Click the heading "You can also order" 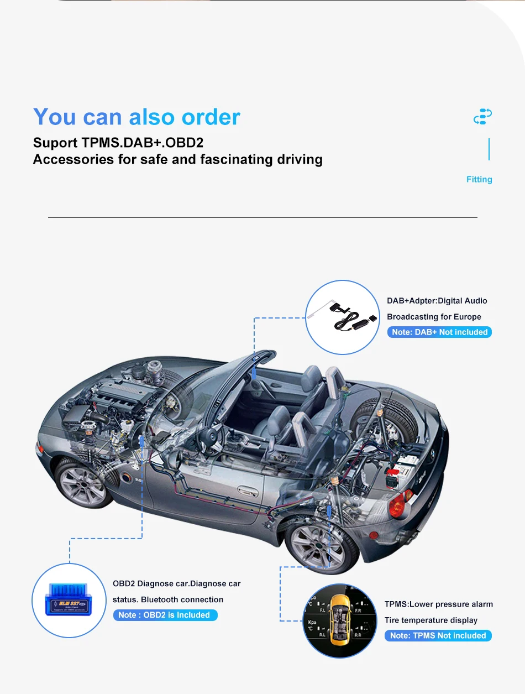136,117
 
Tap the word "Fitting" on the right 479,179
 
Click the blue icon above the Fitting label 482,117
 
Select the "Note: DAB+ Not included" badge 439,332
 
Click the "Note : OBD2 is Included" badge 165,615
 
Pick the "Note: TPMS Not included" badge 438,635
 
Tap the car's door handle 243,490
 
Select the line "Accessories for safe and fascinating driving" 177,160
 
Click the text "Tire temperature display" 431,620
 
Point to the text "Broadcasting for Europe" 434,317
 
